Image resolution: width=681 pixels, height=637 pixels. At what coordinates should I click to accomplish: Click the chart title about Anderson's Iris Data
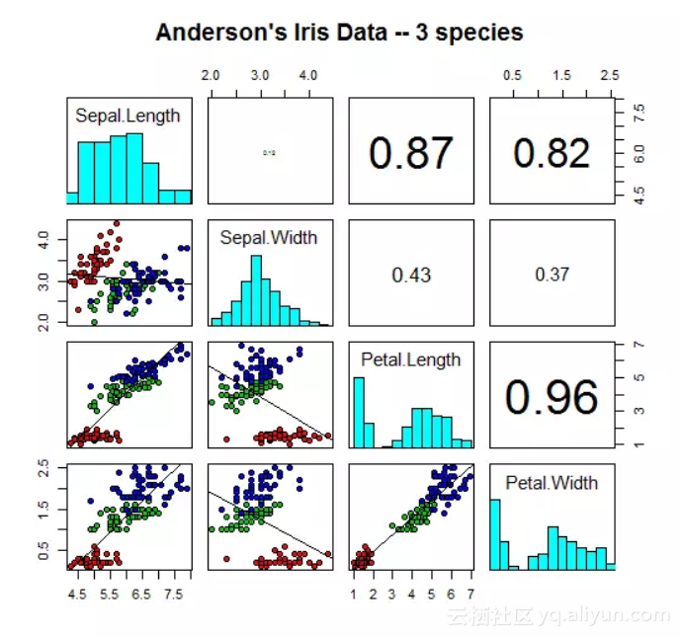[339, 33]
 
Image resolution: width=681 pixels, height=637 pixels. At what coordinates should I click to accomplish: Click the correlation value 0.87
[410, 153]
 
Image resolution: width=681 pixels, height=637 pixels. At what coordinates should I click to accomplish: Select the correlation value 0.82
[552, 153]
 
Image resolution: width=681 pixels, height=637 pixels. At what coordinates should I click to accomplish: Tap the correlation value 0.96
[552, 396]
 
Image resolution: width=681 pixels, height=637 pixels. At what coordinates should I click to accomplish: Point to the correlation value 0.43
[411, 276]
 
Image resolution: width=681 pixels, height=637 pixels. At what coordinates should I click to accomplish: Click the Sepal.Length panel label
[128, 116]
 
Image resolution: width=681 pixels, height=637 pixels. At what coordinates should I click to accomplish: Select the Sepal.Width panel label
[270, 237]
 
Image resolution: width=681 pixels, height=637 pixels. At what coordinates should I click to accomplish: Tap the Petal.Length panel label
[410, 359]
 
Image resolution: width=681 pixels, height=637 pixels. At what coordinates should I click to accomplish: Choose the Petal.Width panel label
[552, 482]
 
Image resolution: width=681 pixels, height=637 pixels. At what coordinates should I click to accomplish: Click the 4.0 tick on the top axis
[308, 75]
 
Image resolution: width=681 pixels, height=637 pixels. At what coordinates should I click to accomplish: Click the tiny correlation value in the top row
[269, 153]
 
